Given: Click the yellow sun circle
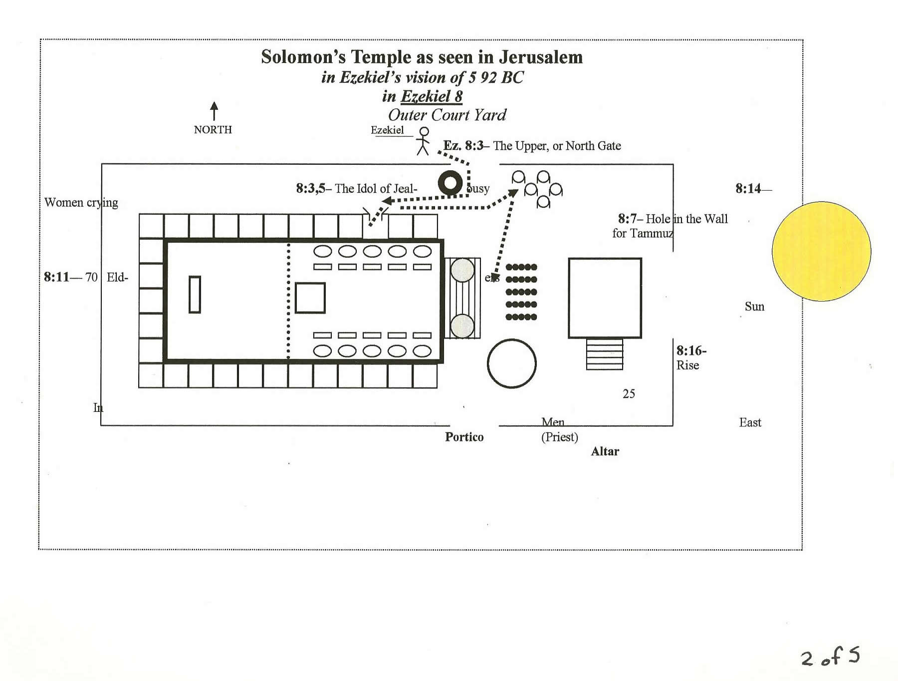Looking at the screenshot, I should [821, 251].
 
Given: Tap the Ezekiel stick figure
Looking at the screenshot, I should [424, 141].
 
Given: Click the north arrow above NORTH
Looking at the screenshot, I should [214, 111].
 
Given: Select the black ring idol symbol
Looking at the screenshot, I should [450, 183].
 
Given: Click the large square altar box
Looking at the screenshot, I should [605, 298].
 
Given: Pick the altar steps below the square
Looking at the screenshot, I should [605, 354].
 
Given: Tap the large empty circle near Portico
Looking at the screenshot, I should [511, 363].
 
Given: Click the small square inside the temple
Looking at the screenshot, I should [310, 298].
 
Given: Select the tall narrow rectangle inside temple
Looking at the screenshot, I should [195, 295].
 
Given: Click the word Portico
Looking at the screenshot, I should [464, 437].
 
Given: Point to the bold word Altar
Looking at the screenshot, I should [605, 451].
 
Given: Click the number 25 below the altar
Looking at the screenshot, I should [629, 394].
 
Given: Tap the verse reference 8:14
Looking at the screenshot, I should [748, 189].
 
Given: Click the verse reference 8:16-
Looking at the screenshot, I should [691, 351].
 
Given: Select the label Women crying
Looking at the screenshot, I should [81, 202].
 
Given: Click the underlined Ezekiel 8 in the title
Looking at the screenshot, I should [432, 96].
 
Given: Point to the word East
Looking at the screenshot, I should [750, 422].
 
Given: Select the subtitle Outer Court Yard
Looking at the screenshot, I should [447, 115].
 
